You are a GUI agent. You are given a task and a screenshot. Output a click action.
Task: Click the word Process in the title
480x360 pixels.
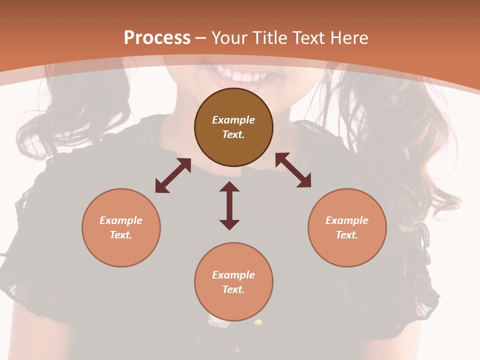coord(157,38)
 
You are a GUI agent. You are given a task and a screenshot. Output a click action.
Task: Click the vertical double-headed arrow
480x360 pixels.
coord(229,205)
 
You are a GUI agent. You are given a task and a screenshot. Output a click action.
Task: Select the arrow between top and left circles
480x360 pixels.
coord(173,175)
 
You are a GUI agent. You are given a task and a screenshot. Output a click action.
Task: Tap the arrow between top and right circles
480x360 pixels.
coord(293,170)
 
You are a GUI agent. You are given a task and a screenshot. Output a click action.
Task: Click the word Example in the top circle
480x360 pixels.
coord(233,120)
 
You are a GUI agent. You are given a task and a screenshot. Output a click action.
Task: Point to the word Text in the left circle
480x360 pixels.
coord(121,235)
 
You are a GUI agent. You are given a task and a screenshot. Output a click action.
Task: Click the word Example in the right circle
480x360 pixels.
coord(347,220)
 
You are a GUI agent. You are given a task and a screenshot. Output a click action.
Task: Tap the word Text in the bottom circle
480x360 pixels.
coord(233,289)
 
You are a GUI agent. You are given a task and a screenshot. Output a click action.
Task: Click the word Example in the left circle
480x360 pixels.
coord(121,220)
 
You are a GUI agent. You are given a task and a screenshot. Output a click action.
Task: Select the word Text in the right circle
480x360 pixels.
coord(347,235)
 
